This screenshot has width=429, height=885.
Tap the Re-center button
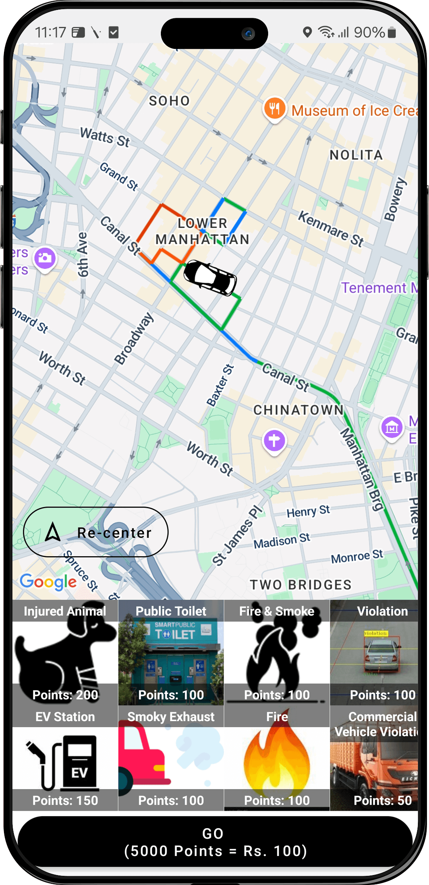(x=96, y=532)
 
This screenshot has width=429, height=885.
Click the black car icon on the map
(x=210, y=278)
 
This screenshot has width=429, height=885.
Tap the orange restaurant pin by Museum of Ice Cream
(x=274, y=108)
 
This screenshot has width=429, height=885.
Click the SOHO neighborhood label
(x=170, y=101)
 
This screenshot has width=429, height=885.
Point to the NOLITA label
(x=356, y=155)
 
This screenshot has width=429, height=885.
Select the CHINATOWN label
(x=298, y=410)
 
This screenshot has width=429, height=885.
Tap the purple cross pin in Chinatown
(x=274, y=441)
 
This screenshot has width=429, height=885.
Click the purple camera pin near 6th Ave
(x=45, y=258)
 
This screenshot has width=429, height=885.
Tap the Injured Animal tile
(x=65, y=652)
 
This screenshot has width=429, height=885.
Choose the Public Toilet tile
(x=171, y=652)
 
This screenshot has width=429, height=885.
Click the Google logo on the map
(x=48, y=582)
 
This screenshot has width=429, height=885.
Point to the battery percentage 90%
(x=369, y=33)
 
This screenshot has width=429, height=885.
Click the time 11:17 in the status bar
(x=50, y=33)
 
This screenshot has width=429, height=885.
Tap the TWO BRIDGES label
(x=301, y=585)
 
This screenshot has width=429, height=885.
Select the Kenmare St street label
(x=331, y=229)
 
